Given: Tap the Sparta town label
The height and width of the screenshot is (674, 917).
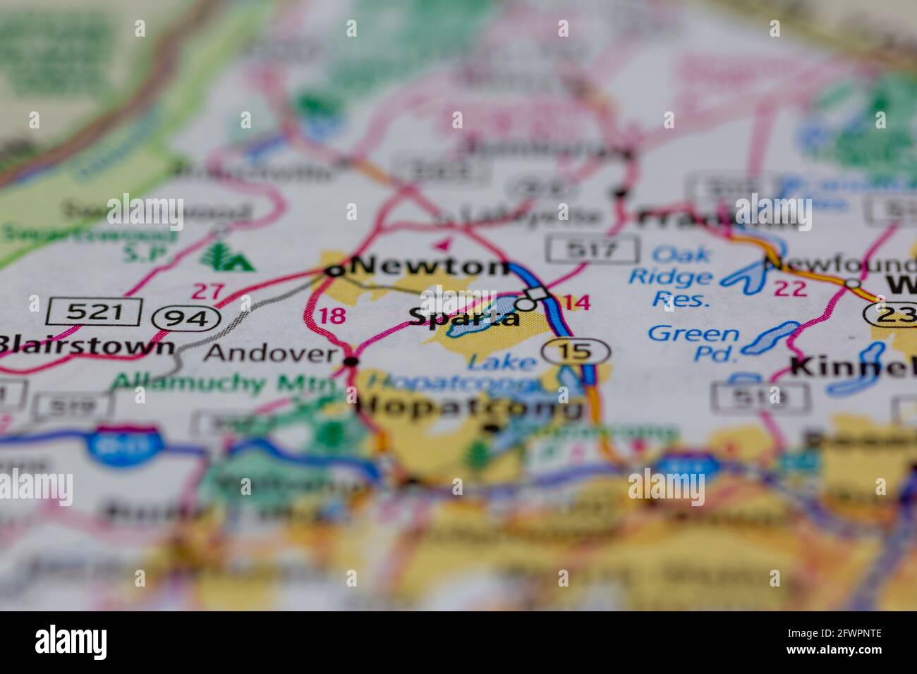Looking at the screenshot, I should (463, 317).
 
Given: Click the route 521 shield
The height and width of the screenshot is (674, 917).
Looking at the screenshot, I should (95, 311).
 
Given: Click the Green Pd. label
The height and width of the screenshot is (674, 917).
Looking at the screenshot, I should (694, 343).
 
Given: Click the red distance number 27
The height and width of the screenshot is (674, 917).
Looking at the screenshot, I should (208, 290).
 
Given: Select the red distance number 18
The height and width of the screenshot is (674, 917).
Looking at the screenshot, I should (332, 314).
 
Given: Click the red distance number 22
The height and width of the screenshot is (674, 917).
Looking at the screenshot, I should (789, 288).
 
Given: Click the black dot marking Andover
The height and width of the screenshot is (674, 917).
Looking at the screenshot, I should (351, 362).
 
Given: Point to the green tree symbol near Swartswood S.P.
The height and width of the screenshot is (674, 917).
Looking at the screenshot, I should (226, 256).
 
